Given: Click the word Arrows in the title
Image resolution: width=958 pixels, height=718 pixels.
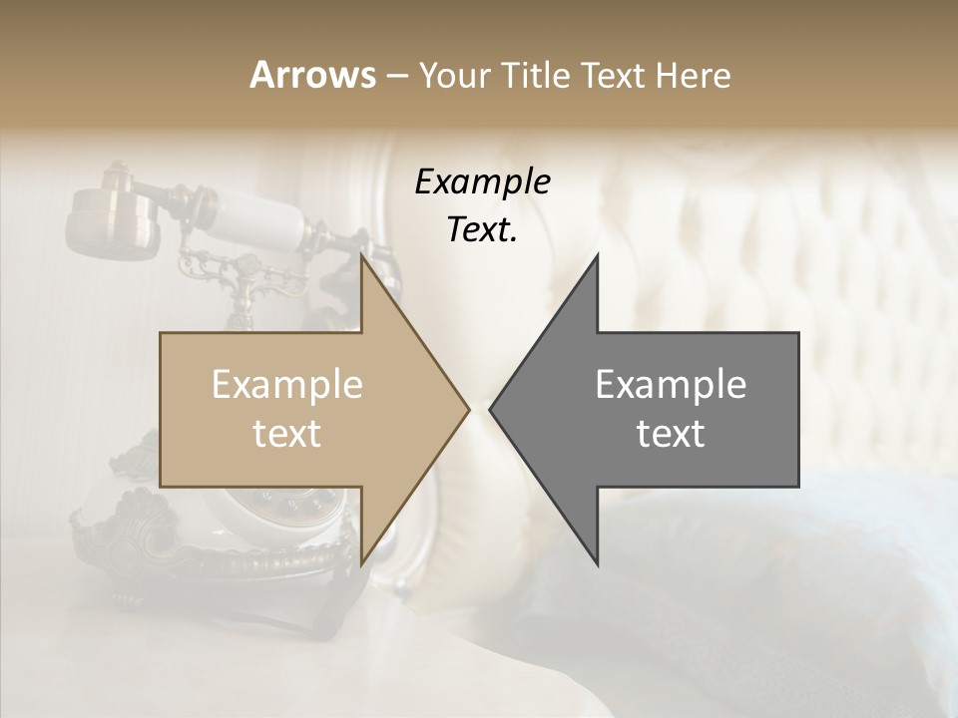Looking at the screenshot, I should coord(312,75).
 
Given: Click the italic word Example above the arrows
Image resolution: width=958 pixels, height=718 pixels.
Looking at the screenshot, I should coord(482,181).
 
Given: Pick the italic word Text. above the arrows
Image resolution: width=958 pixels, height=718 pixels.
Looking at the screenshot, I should coord(482,230).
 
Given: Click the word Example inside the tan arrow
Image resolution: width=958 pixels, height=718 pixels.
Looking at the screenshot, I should coord(287,385).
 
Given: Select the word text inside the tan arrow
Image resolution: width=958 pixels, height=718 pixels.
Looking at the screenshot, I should coord(287,434).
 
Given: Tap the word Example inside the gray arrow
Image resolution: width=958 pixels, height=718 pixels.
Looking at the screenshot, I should coord(671,385).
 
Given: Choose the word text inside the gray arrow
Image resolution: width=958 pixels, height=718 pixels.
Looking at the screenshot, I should coord(671,434).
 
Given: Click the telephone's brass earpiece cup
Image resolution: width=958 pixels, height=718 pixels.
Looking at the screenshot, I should coord(102,219).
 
